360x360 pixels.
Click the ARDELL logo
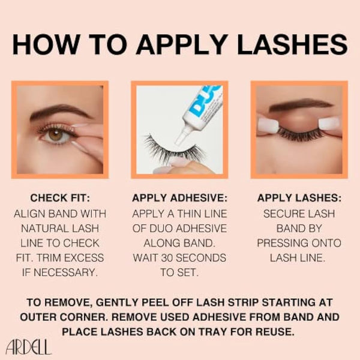(28, 346)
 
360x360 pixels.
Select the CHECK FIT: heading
(59, 197)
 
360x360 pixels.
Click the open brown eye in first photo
(56, 134)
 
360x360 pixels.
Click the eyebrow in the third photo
(300, 106)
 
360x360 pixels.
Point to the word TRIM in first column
(73, 257)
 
